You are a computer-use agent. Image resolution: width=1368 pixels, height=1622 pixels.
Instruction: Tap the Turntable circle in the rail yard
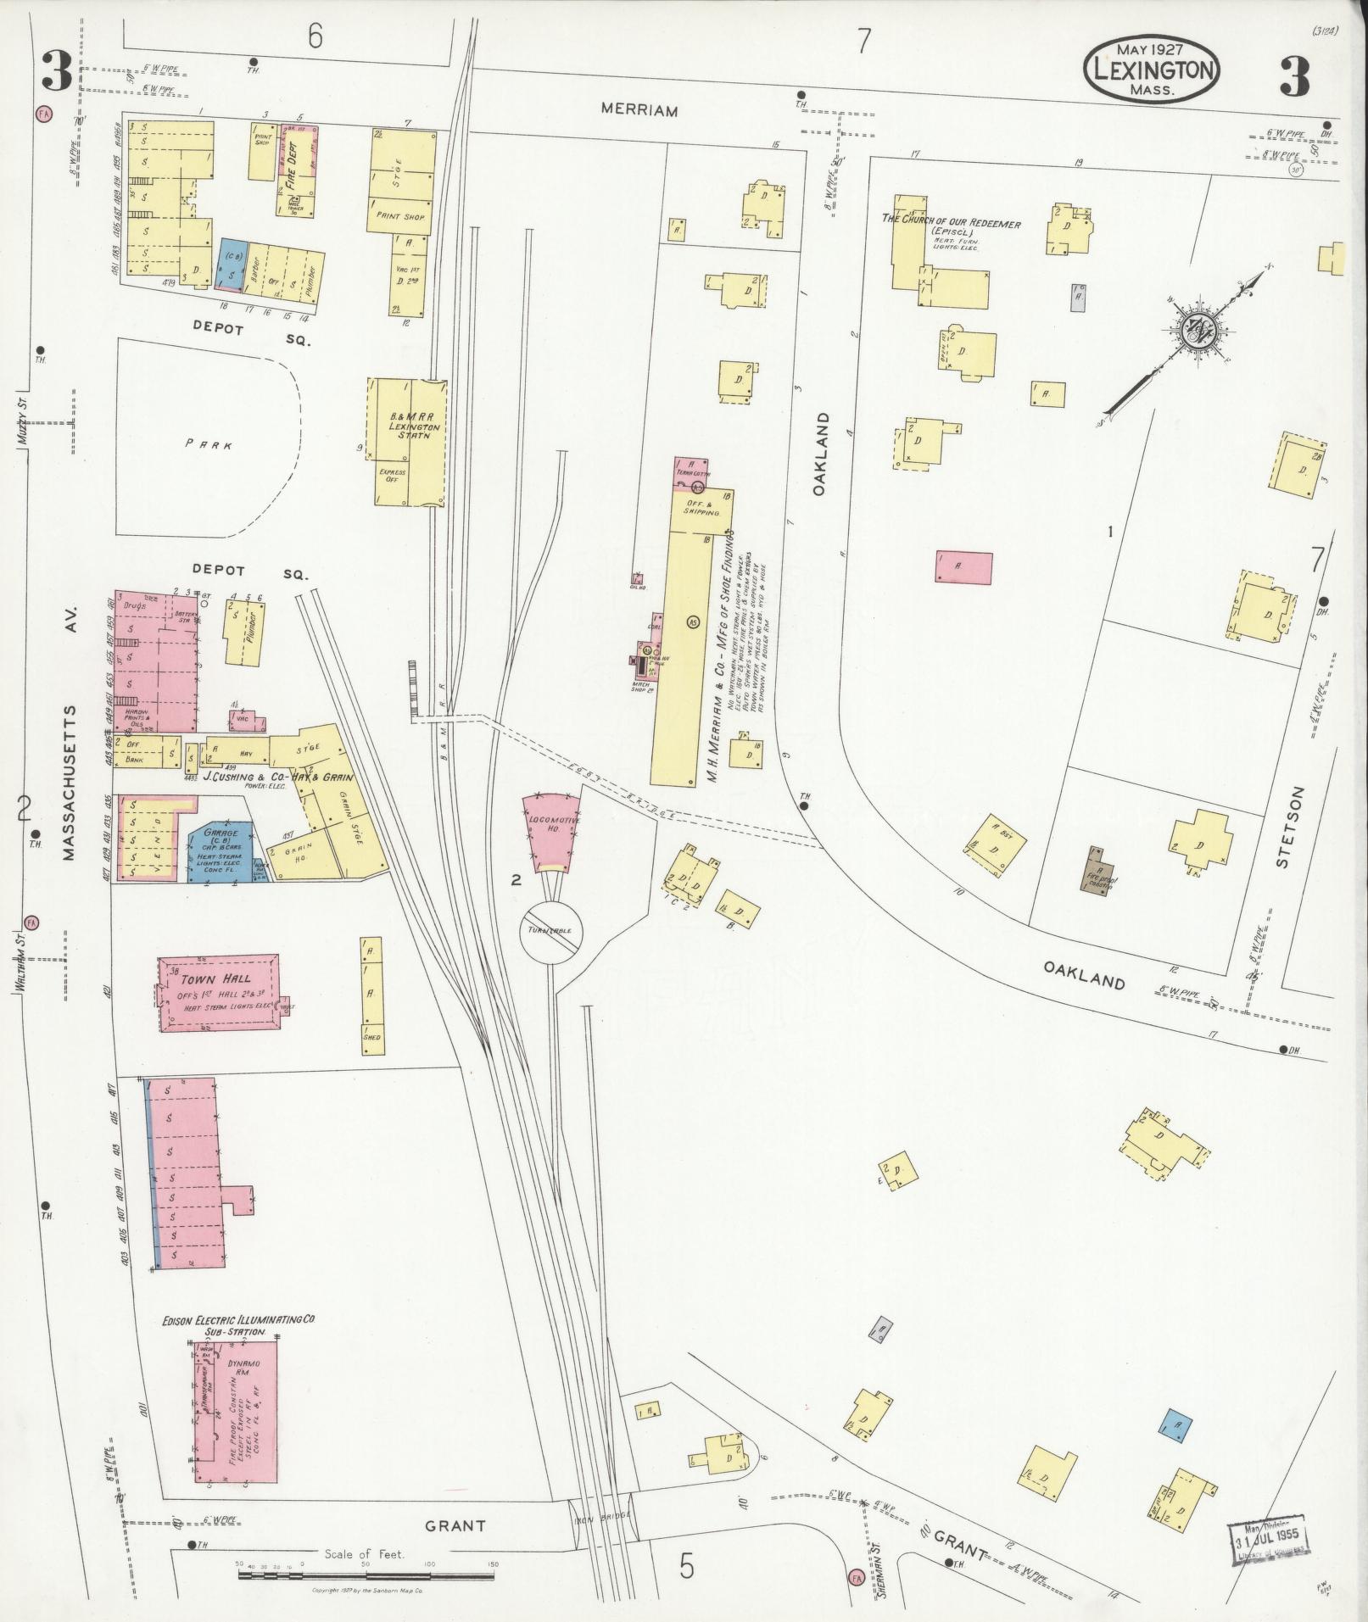click(x=551, y=932)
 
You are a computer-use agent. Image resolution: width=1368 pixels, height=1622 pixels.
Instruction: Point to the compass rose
click(x=1196, y=332)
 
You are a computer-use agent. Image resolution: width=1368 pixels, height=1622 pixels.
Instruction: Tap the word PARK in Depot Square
click(x=199, y=444)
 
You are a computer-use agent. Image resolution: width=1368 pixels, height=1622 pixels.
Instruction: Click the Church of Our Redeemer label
click(x=951, y=224)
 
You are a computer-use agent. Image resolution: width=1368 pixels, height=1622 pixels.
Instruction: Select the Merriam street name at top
click(x=639, y=110)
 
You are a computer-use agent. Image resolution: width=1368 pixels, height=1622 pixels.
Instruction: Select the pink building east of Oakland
click(x=964, y=566)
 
